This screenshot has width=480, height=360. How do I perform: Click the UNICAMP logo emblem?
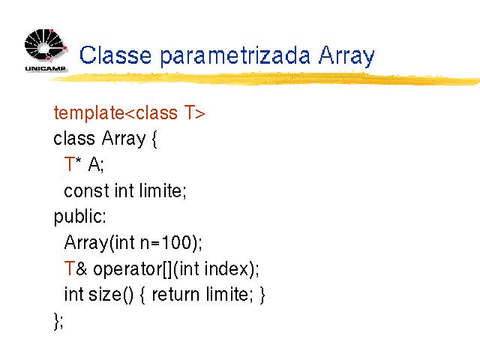pos(45,45)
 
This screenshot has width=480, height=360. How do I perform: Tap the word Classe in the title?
pos(115,55)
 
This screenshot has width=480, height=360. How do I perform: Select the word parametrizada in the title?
pos(235,56)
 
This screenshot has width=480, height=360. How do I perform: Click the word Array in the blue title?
pos(346,56)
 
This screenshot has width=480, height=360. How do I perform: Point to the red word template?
pos(88,113)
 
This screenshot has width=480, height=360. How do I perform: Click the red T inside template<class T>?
pos(190,112)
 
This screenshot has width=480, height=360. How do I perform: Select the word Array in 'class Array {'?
pos(124,139)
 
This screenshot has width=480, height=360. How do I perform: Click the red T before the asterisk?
pos(70,163)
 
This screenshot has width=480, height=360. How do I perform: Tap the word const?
pos(86,190)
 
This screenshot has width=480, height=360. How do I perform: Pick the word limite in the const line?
pos(161,190)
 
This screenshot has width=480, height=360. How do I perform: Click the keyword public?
pos(80,217)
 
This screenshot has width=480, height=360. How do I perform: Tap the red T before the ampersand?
pos(70,268)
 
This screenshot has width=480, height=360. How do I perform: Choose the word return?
pos(175,295)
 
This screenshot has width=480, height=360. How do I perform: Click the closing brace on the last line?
pos(56,321)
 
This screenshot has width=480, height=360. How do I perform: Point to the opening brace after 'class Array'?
pos(154,139)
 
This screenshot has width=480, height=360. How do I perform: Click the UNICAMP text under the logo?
pos(45,68)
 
